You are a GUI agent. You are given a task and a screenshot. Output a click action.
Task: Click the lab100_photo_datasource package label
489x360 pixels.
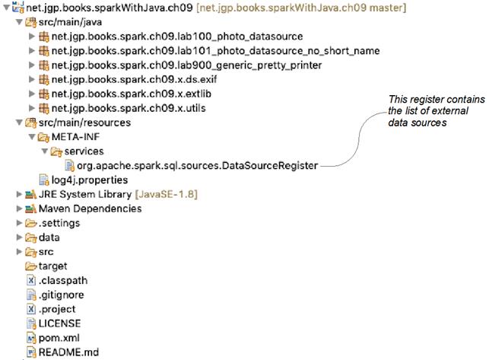tap(176, 37)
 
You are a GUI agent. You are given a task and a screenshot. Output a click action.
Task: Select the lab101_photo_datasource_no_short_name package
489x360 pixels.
tap(215, 51)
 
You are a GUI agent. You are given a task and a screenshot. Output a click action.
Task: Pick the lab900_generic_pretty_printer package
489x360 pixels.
tap(186, 65)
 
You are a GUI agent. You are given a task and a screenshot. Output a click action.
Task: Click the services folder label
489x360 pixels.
tap(84, 151)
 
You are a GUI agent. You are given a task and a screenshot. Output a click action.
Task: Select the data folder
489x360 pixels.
tap(50, 237)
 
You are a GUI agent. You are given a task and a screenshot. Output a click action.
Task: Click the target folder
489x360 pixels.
tap(52, 266)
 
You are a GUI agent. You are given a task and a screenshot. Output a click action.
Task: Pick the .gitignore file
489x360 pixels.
tap(61, 295)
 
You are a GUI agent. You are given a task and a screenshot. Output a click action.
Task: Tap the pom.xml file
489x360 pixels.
tap(59, 337)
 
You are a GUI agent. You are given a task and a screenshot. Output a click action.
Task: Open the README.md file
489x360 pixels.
tap(68, 352)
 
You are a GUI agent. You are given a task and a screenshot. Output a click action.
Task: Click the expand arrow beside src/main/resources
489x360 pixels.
tap(18, 123)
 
